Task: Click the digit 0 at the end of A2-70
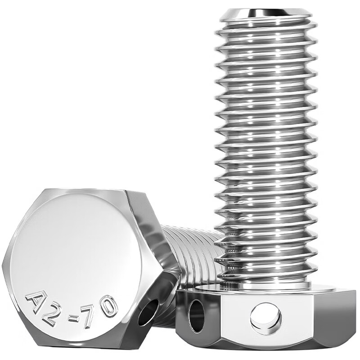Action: coord(109,307)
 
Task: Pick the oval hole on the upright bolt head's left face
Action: coord(196,315)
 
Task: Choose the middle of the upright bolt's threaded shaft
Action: coord(265,148)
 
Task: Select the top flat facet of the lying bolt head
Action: coord(85,193)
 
